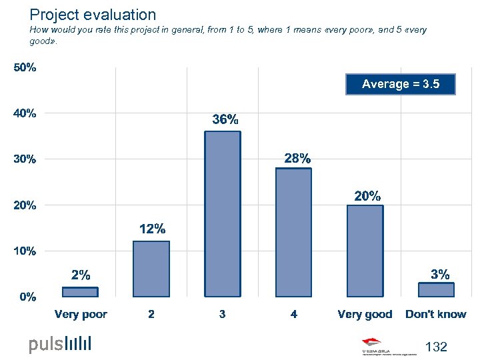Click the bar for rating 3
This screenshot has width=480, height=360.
[223, 213]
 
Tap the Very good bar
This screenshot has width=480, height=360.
[365, 250]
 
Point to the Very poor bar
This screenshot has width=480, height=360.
[80, 291]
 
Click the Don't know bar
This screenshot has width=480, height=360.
[436, 289]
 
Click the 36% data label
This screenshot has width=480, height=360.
[225, 120]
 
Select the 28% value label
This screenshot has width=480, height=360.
[297, 159]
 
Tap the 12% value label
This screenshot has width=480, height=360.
[152, 229]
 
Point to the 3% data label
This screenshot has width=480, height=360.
[440, 274]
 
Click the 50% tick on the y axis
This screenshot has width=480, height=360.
[25, 68]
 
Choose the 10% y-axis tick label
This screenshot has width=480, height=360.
[25, 251]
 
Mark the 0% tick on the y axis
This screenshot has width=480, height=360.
[27, 297]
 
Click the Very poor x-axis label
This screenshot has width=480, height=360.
[81, 314]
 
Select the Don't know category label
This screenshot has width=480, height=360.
[436, 314]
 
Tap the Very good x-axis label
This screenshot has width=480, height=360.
[365, 314]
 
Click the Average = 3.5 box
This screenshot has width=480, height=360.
[401, 84]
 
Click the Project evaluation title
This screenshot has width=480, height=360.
[93, 15]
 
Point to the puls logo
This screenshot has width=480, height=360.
[60, 344]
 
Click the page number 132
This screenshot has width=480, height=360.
[436, 347]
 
